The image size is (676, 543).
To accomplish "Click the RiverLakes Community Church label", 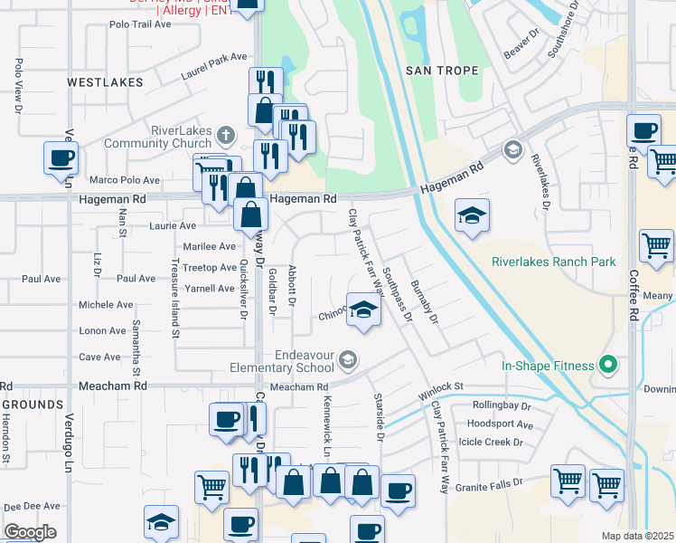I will [x=158, y=136].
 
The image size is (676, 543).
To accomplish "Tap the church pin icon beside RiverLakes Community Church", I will [x=226, y=138].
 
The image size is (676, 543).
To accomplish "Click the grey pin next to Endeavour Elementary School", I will [x=347, y=362].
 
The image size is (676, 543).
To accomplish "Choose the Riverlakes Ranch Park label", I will [x=553, y=262].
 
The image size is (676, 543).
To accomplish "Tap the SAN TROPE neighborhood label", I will [x=436, y=70].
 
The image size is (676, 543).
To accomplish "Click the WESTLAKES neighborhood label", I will [x=105, y=82].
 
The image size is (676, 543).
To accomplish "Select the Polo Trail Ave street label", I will [x=140, y=24].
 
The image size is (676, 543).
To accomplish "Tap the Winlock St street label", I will [x=440, y=392].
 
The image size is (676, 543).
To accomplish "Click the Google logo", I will [x=30, y=532].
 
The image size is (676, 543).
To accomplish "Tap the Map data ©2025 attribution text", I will [x=637, y=536].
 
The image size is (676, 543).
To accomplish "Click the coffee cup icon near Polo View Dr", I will [x=61, y=157].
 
